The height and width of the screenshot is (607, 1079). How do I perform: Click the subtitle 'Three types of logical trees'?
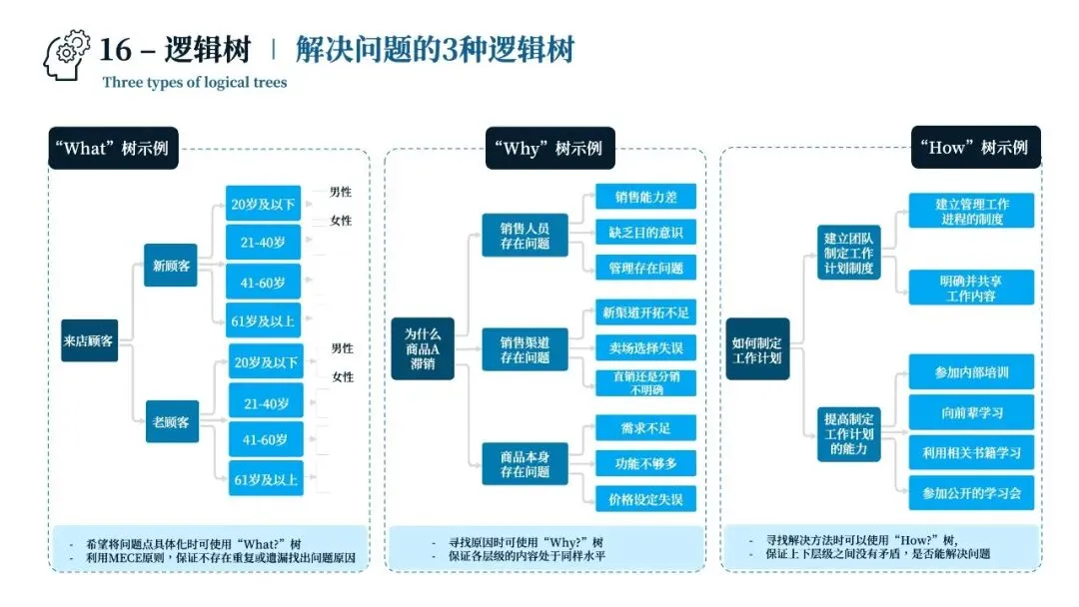pos(194,83)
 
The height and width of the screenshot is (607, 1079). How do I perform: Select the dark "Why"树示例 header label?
pos(547,149)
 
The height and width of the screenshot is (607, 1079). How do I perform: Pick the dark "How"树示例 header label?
pos(974,147)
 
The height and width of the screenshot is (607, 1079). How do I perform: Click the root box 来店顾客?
pos(89,340)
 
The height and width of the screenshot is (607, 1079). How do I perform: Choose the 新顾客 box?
pos(171,266)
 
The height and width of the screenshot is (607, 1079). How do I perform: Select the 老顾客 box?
pos(171,421)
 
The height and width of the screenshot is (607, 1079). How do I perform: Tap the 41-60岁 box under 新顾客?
pos(264,283)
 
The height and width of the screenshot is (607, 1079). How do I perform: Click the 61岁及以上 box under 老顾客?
pos(265,480)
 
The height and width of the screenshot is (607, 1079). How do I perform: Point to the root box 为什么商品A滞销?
pos(422,349)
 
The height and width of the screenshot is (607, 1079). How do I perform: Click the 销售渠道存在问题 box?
pos(525,350)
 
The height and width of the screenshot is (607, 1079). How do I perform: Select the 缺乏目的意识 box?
pos(645,233)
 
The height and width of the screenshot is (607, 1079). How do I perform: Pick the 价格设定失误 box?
pos(645,499)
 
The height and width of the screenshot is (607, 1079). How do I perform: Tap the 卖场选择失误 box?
pos(645,347)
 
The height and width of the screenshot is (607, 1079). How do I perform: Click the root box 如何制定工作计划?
pos(756,349)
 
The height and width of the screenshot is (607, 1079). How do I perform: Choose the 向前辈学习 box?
pos(971,412)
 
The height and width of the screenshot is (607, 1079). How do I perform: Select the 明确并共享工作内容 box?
pos(971,289)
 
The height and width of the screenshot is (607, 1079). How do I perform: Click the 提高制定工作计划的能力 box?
pos(849,434)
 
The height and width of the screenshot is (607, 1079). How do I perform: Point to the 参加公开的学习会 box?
pos(971,492)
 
